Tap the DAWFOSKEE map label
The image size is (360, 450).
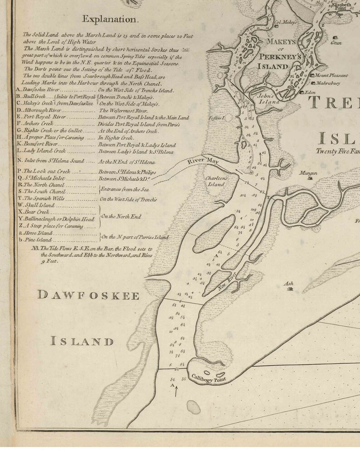[88, 296]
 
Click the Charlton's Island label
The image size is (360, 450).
[216, 181]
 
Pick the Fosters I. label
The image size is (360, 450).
[218, 118]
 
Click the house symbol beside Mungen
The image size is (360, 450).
[310, 179]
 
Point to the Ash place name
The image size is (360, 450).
[288, 284]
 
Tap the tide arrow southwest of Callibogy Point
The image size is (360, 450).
[175, 391]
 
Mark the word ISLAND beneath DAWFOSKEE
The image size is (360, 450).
[82, 341]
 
